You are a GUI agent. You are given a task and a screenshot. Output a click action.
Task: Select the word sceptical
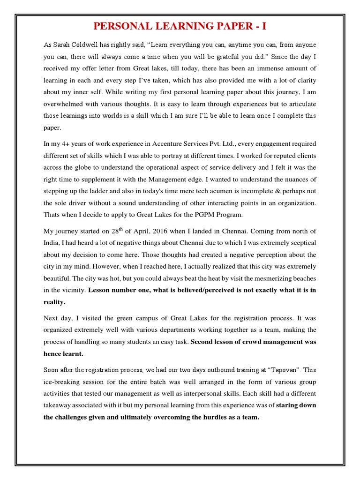coord(300,243)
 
